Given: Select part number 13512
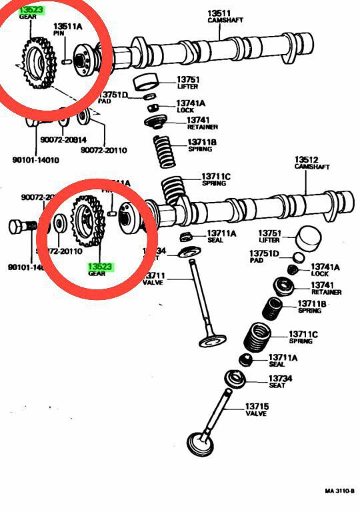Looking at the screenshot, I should pyautogui.click(x=305, y=159).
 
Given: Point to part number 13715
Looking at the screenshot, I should pyautogui.click(x=256, y=406).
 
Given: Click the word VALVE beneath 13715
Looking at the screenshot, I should pyautogui.click(x=255, y=414).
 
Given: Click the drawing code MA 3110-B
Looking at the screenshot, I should pyautogui.click(x=339, y=491).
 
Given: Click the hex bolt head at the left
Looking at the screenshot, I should pyautogui.click(x=17, y=227).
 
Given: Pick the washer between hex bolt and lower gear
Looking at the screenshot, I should pyautogui.click(x=58, y=223).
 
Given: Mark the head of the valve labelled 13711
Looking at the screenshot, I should pyautogui.click(x=212, y=341).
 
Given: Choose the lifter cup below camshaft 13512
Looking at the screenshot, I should pyautogui.click(x=308, y=237).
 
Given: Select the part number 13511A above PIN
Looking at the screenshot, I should pyautogui.click(x=69, y=26).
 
